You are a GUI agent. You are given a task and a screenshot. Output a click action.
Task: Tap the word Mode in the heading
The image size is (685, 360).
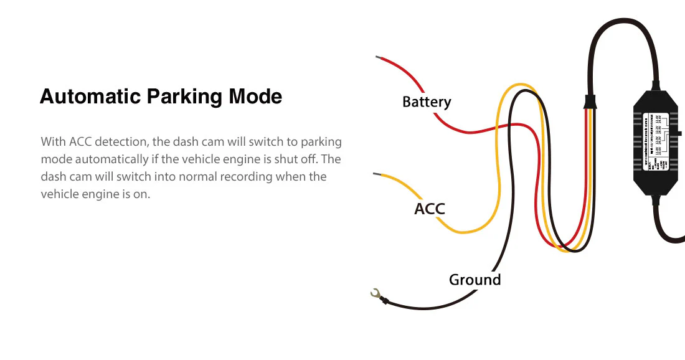point(255,97)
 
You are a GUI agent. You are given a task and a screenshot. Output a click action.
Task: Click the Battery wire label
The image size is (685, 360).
point(427,102)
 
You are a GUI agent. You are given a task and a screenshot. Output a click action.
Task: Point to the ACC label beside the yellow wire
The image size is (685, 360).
point(430,209)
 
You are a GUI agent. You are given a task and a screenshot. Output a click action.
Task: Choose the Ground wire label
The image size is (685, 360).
point(475,280)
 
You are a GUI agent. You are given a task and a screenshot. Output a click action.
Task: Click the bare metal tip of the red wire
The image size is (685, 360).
point(379,58)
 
